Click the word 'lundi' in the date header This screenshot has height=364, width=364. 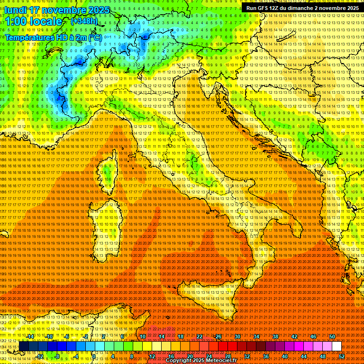[16, 10]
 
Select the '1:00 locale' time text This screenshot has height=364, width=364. [33, 21]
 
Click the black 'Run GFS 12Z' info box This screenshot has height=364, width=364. [302, 8]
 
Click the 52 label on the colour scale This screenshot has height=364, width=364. [341, 356]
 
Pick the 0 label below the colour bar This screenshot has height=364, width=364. [94, 356]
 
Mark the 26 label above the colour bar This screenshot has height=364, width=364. [218, 337]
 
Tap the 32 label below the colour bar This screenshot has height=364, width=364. [246, 356]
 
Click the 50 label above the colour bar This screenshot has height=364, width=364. [332, 337]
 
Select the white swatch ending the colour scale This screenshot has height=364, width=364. [337, 346]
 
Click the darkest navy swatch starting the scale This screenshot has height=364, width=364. [24, 346]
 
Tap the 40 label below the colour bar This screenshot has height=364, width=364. [284, 356]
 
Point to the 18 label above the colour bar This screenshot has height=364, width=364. [180, 337]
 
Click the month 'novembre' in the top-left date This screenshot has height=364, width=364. [62, 10]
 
